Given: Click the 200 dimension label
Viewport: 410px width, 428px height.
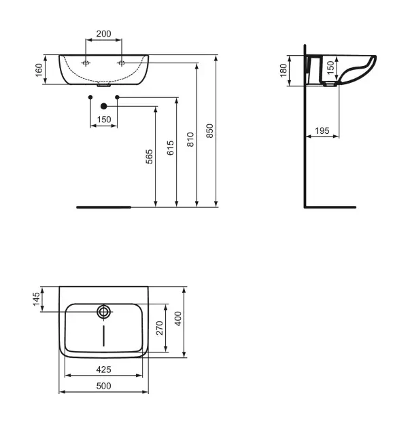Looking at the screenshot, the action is click(x=103, y=34).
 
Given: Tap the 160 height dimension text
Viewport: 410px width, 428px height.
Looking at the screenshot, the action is click(x=39, y=70).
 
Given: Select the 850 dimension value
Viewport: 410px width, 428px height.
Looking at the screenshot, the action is click(x=209, y=130).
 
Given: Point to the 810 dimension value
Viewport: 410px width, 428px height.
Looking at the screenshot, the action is click(x=190, y=139).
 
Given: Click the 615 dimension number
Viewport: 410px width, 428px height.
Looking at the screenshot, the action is click(x=170, y=148).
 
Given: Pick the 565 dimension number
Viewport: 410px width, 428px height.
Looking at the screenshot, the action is click(x=149, y=156).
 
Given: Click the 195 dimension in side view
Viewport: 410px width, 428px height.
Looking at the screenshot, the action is click(x=322, y=130).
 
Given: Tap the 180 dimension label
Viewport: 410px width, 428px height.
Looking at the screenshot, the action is click(x=284, y=71).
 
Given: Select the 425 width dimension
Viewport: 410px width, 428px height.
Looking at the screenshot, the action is click(x=103, y=370).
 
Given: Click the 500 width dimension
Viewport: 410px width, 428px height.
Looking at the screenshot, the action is click(x=103, y=386).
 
